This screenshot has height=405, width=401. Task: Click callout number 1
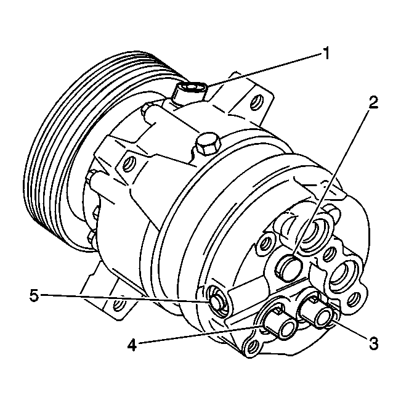pyautogui.click(x=326, y=54)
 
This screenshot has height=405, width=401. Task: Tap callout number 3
pyautogui.click(x=373, y=343)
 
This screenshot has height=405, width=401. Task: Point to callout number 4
pyautogui.click(x=132, y=345)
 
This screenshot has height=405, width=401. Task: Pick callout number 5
pyautogui.click(x=34, y=295)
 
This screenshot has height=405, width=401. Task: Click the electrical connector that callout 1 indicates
pyautogui.click(x=190, y=94)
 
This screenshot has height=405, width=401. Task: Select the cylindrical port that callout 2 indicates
pyautogui.click(x=289, y=268)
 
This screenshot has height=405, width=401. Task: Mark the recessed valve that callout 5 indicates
pyautogui.click(x=217, y=301)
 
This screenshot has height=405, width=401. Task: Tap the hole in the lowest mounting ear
pyautogui.click(x=118, y=304)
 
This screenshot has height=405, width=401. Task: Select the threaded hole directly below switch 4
pyautogui.click(x=253, y=346)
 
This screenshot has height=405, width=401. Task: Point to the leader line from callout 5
pyautogui.click(x=124, y=298)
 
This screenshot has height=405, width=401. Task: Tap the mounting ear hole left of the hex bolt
pyautogui.click(x=128, y=163)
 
